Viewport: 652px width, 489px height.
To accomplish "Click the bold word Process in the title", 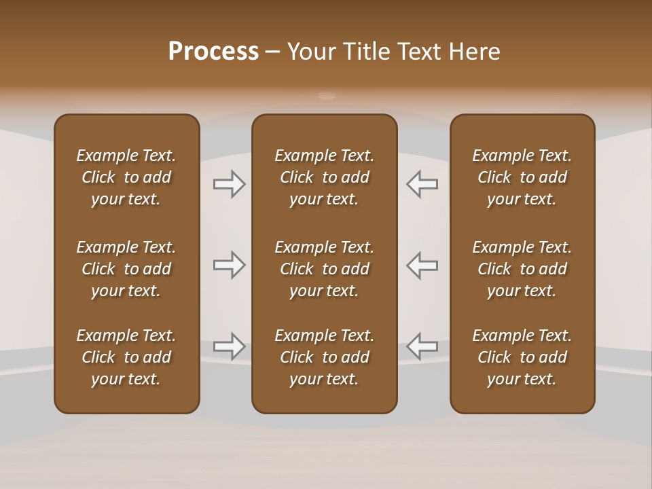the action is click(x=213, y=52).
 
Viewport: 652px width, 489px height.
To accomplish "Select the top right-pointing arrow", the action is click(x=230, y=184).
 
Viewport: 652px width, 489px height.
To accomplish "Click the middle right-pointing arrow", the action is click(x=230, y=265).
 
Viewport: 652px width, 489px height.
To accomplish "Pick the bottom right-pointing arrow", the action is click(x=230, y=346).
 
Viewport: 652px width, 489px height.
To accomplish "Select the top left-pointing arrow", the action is click(x=422, y=184).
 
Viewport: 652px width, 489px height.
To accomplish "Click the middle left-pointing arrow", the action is click(x=422, y=265).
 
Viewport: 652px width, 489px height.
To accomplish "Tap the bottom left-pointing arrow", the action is click(x=422, y=346).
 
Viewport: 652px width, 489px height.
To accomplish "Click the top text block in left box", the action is click(x=126, y=177).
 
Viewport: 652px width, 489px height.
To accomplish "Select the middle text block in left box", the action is click(x=126, y=269).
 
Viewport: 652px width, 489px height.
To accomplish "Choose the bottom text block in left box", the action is click(x=126, y=357).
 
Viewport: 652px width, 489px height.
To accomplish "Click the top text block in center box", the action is click(x=324, y=177).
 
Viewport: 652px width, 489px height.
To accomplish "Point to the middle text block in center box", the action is click(x=324, y=269).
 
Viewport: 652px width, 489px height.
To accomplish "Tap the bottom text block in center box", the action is click(x=324, y=357).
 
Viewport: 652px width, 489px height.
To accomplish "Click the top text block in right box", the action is click(x=522, y=177).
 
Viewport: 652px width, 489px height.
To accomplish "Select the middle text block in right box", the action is click(x=522, y=269).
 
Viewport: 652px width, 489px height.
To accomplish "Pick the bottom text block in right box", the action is click(x=522, y=357).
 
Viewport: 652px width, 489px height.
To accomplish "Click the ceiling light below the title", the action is click(x=327, y=96).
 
